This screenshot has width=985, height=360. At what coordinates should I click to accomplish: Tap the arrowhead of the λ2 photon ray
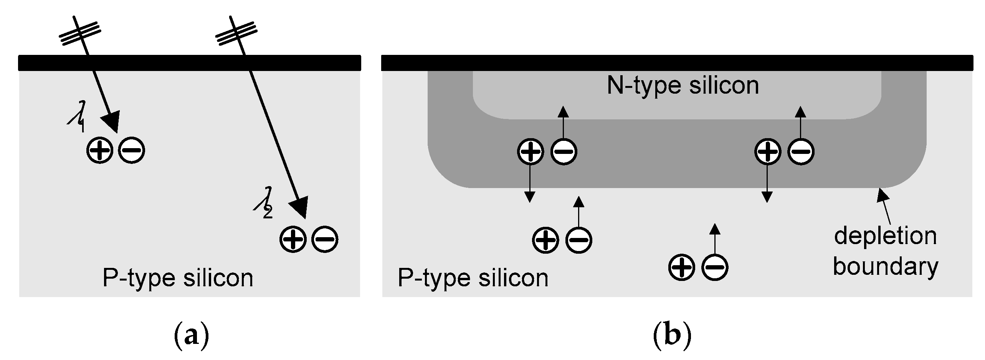[x=300, y=207]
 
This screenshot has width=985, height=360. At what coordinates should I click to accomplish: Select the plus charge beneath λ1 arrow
[x=100, y=150]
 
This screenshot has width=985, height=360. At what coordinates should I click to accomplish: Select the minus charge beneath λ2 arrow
[x=325, y=239]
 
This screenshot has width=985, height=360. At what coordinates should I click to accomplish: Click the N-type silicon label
[x=683, y=85]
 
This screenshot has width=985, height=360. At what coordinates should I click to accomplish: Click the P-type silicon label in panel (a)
[x=178, y=278]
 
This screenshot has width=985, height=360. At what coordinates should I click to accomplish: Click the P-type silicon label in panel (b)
[x=473, y=278]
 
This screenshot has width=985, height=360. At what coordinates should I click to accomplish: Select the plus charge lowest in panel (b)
[x=682, y=267]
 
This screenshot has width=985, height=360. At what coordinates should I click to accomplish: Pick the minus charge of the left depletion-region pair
[x=564, y=152]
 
